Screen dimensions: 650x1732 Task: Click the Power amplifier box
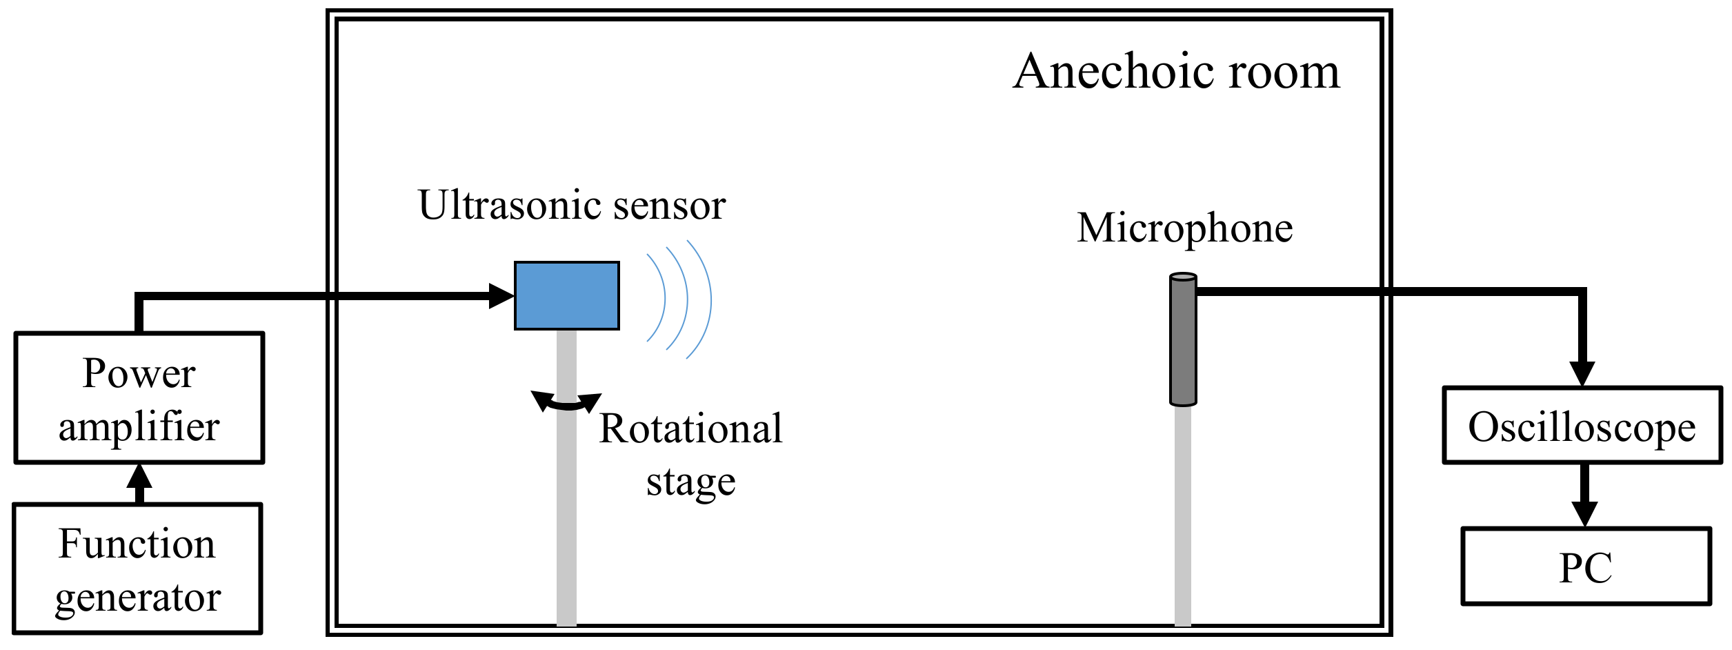coord(139,398)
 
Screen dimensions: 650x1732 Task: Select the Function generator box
coord(137,569)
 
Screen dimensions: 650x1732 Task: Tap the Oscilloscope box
coord(1582,425)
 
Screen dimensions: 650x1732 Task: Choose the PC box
coord(1586,567)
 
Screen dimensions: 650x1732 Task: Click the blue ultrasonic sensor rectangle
coord(566,295)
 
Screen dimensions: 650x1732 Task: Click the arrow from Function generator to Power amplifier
coord(139,483)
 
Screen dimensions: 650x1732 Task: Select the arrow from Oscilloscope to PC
coord(1584,495)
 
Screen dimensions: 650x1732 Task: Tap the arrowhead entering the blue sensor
coord(501,296)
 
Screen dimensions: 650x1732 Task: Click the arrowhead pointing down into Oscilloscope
coord(1582,373)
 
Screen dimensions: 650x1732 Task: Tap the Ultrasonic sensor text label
coord(571,205)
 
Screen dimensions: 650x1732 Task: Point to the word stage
coord(690,482)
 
